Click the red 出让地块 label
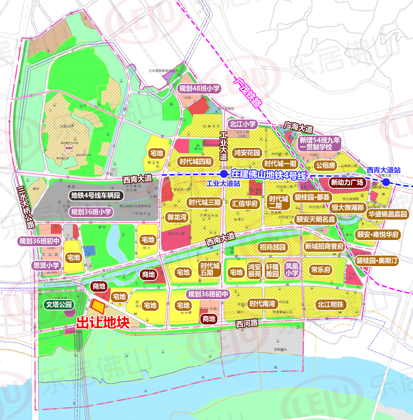[103, 323]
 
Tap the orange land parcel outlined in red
[98, 307]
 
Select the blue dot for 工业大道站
[223, 174]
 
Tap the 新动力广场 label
[347, 182]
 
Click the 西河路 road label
[246, 323]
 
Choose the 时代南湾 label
[262, 303]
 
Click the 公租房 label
[326, 165]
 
